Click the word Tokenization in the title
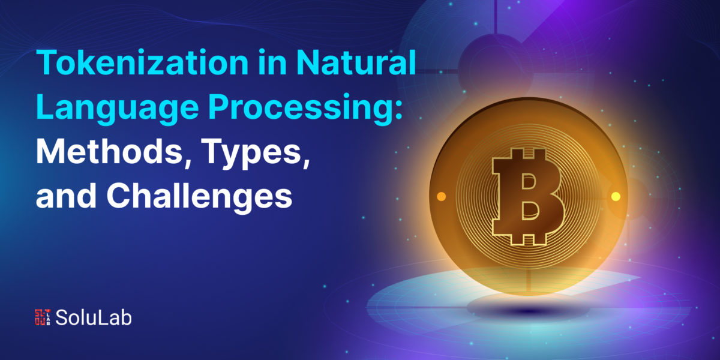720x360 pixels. coord(142,62)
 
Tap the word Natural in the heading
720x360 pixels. coord(356,62)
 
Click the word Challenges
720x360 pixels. coord(199,196)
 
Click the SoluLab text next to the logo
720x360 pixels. coord(94,317)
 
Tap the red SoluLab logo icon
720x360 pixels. coord(43,317)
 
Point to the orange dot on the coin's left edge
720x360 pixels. coord(442,196)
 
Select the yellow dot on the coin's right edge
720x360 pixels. coord(616,196)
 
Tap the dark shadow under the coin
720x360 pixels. coord(529,310)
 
